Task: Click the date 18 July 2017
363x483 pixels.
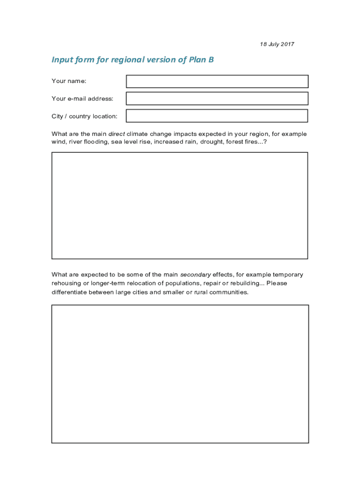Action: tap(277, 44)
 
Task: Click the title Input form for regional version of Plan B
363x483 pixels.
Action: tap(132, 60)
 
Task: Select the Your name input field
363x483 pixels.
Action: tap(217, 81)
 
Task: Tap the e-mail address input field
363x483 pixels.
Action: tap(217, 99)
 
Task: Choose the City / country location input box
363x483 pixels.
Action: tap(217, 116)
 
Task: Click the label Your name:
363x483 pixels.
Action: tap(69, 81)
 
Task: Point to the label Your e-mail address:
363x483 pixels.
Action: tap(82, 99)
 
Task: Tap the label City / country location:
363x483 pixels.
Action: tap(84, 116)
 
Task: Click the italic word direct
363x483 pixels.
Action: tap(116, 134)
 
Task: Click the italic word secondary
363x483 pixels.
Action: tap(195, 275)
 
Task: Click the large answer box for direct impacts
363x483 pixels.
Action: tap(180, 205)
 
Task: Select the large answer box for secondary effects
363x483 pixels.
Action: tap(180, 374)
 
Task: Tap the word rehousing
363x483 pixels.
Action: tap(66, 283)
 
